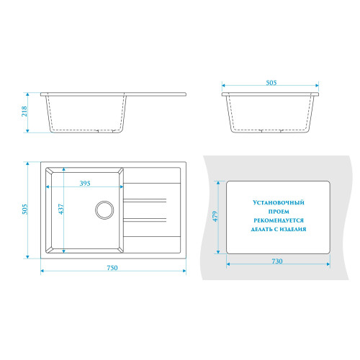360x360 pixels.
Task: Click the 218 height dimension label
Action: coord(24,112)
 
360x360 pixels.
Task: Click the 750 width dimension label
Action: coord(112,268)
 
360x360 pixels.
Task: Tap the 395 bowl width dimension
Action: coord(85,184)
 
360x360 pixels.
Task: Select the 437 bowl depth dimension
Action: coord(61,209)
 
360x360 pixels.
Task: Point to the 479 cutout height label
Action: coord(215,216)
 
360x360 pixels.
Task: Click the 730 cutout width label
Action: coord(277,261)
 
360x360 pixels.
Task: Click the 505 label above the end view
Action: coord(271,83)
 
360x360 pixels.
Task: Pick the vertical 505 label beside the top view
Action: coord(25,209)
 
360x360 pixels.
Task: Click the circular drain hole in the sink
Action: coord(104,210)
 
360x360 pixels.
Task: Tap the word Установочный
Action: coord(279,202)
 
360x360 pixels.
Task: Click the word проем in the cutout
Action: coord(279,212)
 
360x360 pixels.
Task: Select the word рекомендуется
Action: coord(279,220)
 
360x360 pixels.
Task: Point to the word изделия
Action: coord(293,229)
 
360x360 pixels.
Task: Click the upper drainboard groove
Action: coord(145,200)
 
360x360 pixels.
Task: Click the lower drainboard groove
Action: coord(145,220)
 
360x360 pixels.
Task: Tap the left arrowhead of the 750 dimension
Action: coord(42,271)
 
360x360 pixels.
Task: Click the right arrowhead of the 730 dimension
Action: coord(328,264)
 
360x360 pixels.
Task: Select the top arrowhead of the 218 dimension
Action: coord(27,94)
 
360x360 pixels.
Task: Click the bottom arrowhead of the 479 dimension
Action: coord(218,252)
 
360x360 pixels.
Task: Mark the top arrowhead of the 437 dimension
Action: coord(64,169)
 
